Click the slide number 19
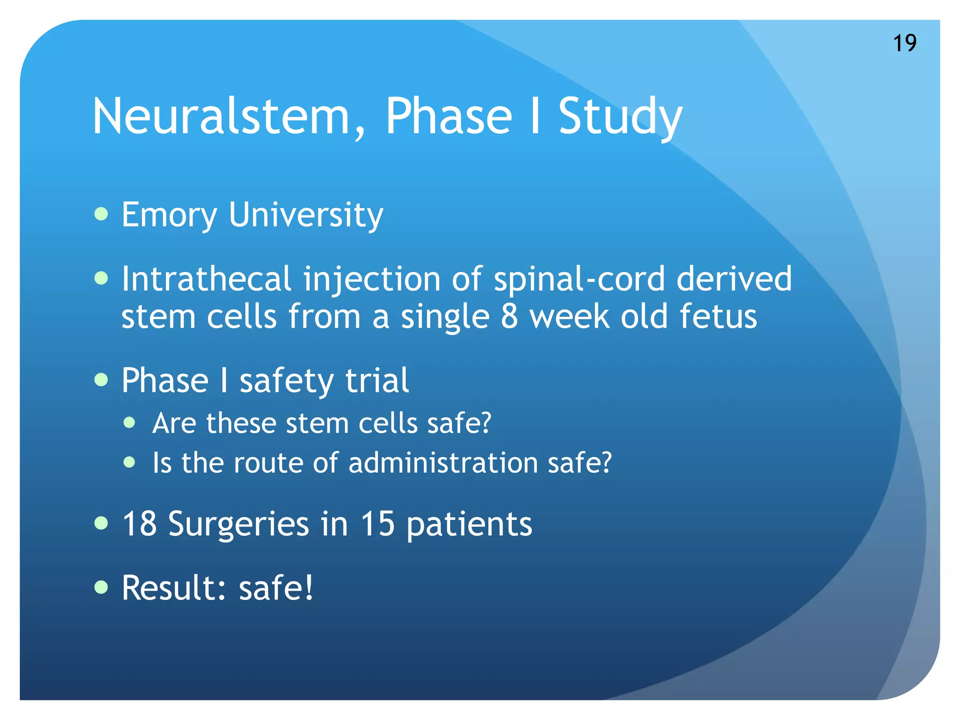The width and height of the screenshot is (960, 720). (x=905, y=43)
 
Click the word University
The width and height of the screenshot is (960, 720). (x=306, y=215)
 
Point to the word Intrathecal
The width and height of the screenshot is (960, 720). (x=206, y=279)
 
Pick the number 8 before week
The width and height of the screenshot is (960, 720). (x=509, y=316)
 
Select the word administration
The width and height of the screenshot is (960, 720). (x=443, y=463)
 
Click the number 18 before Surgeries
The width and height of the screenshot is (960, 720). (x=139, y=524)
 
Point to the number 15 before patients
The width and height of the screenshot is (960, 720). (x=377, y=524)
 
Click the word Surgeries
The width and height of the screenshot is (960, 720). (x=238, y=525)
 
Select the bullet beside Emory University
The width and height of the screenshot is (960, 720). (x=101, y=215)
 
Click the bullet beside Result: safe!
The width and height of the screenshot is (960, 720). (x=101, y=587)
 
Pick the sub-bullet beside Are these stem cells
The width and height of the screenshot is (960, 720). (x=129, y=423)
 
